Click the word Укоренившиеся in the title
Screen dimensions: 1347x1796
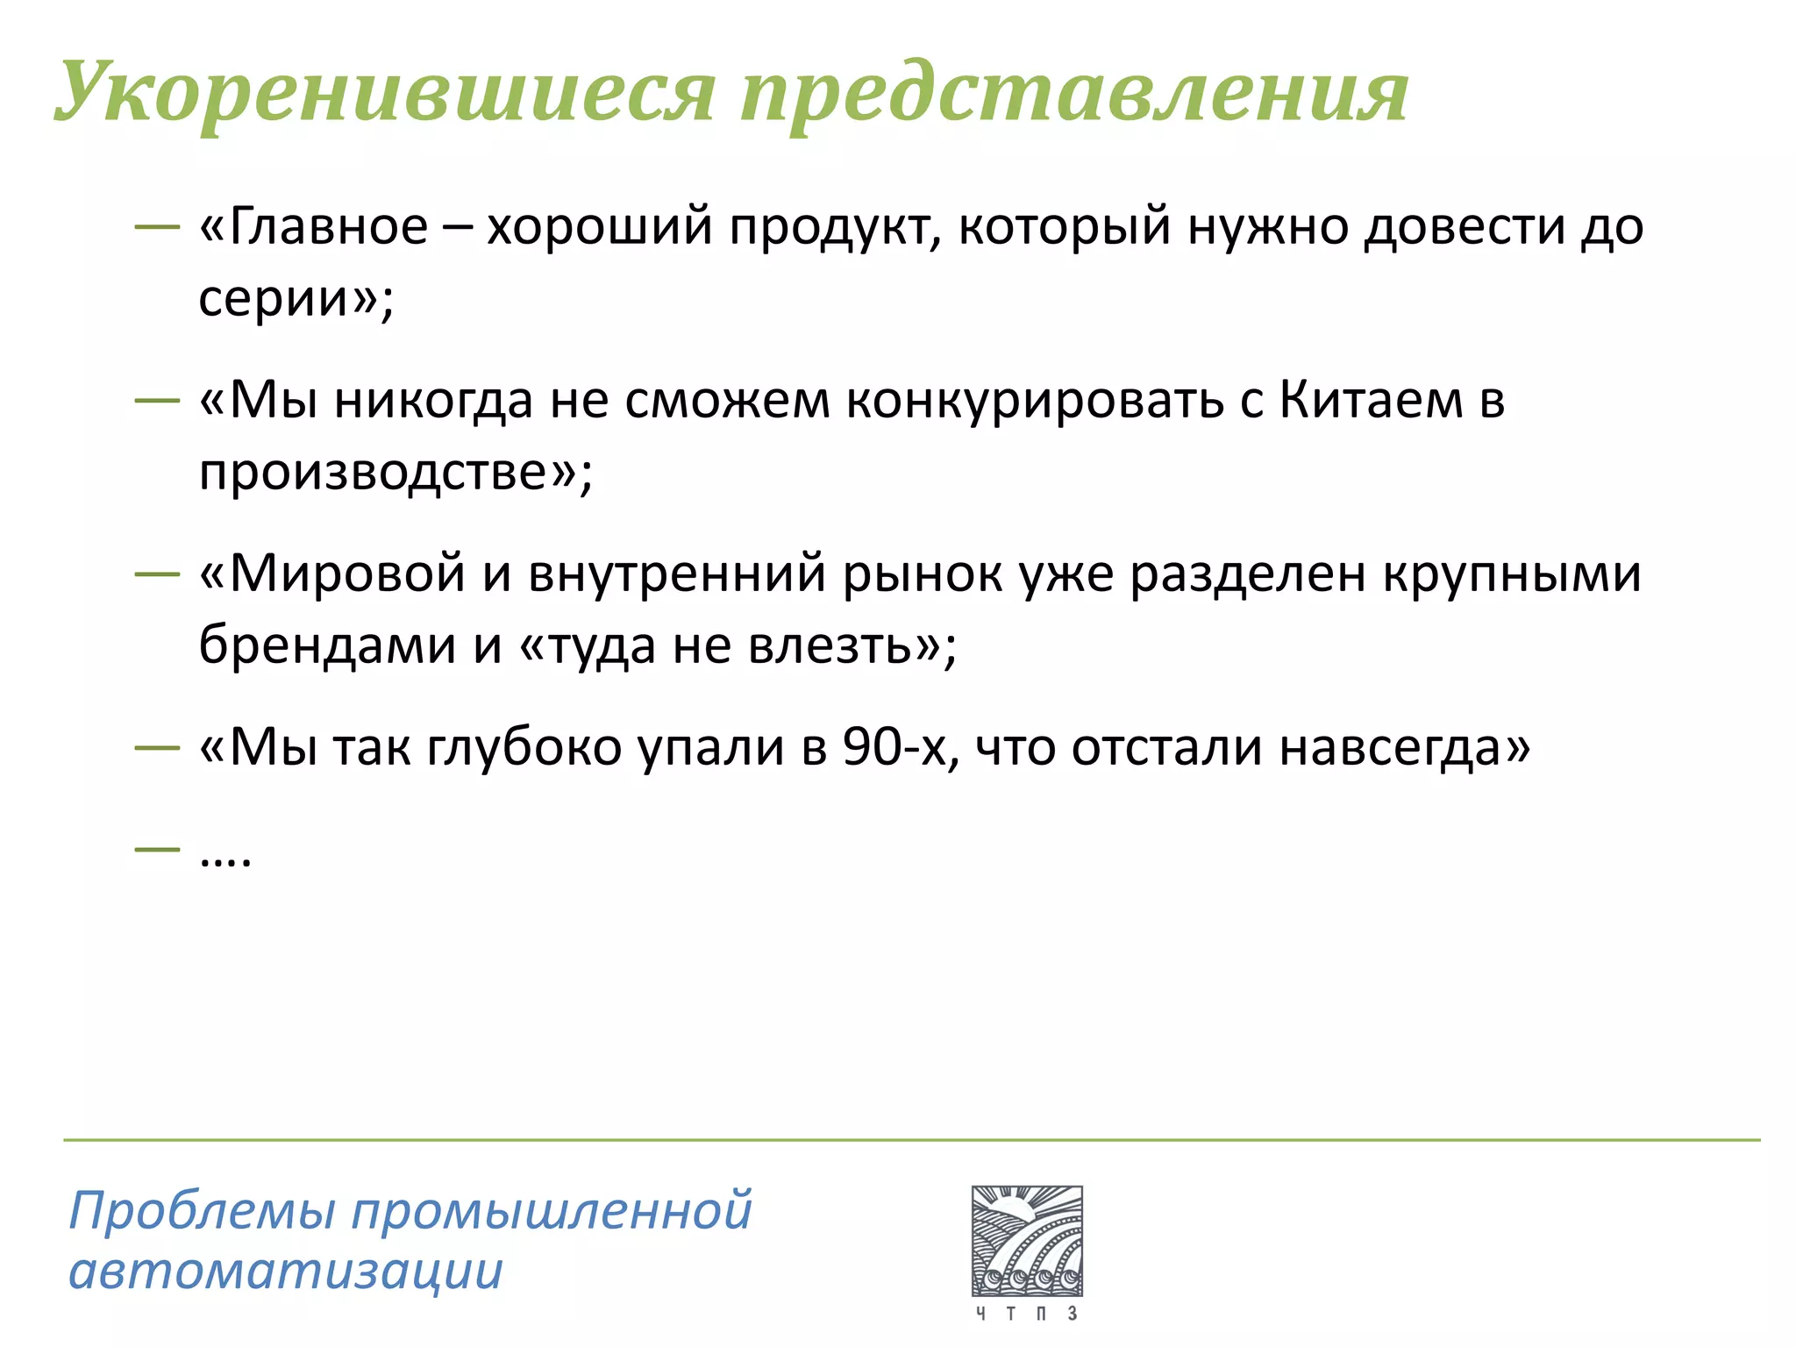[x=384, y=93]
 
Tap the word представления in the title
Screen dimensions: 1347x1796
[x=1073, y=93]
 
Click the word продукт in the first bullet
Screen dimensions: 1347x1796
[x=834, y=226]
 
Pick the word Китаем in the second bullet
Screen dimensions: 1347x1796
[x=1371, y=400]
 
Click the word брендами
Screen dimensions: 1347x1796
[x=327, y=645]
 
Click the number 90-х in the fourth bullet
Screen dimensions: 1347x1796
[x=894, y=747]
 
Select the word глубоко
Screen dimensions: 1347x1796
[x=524, y=747]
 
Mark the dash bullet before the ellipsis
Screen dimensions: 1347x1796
[x=157, y=849]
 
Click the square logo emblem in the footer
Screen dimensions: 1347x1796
[x=1027, y=1241]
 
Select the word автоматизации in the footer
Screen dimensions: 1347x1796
[x=286, y=1271]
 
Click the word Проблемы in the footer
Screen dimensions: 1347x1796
[x=202, y=1211]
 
